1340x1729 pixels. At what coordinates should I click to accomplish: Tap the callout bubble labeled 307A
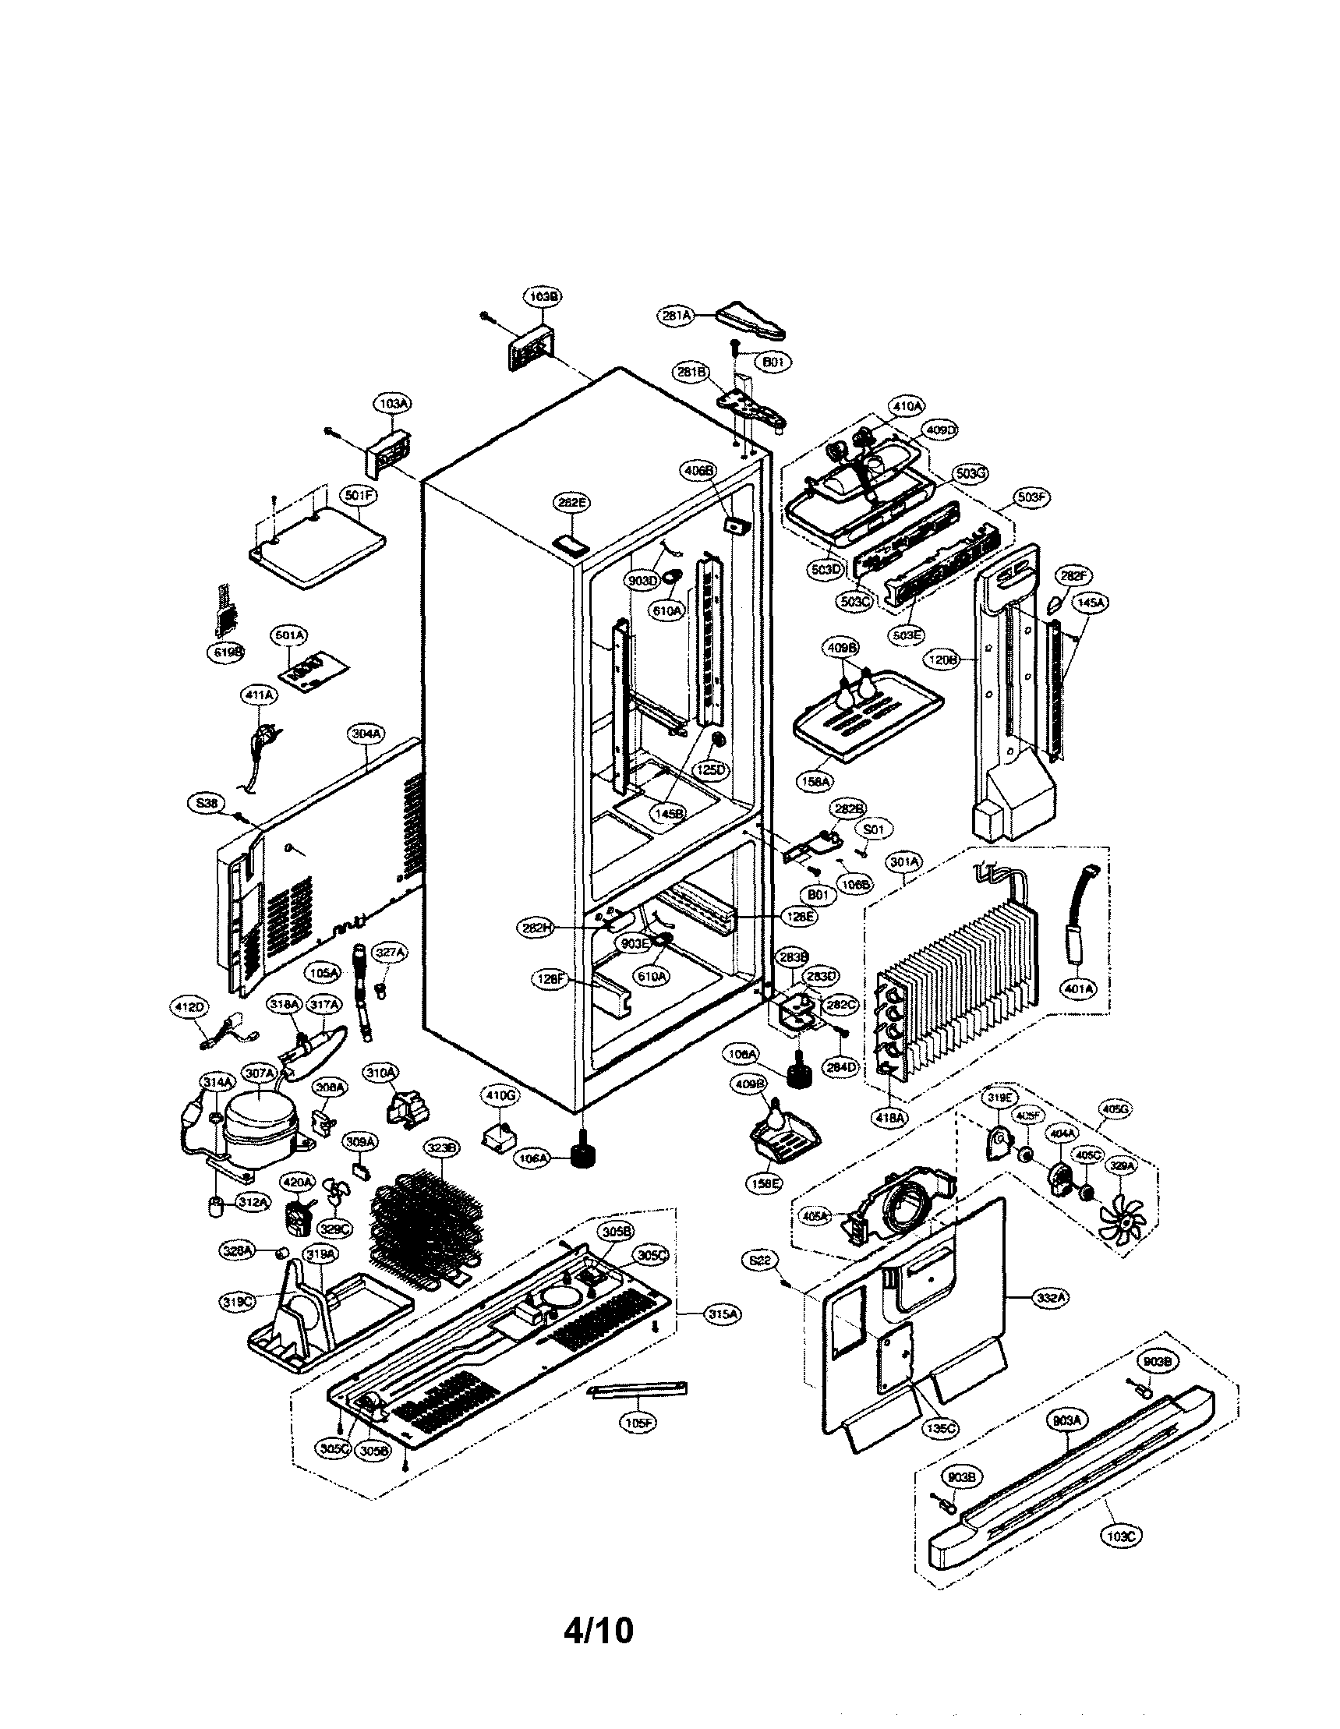260,1073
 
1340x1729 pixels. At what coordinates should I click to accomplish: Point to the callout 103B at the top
543,297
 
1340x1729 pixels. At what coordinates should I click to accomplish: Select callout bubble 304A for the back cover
366,734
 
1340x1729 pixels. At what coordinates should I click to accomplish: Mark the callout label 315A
723,1314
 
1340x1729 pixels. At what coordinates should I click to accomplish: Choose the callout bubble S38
207,804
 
